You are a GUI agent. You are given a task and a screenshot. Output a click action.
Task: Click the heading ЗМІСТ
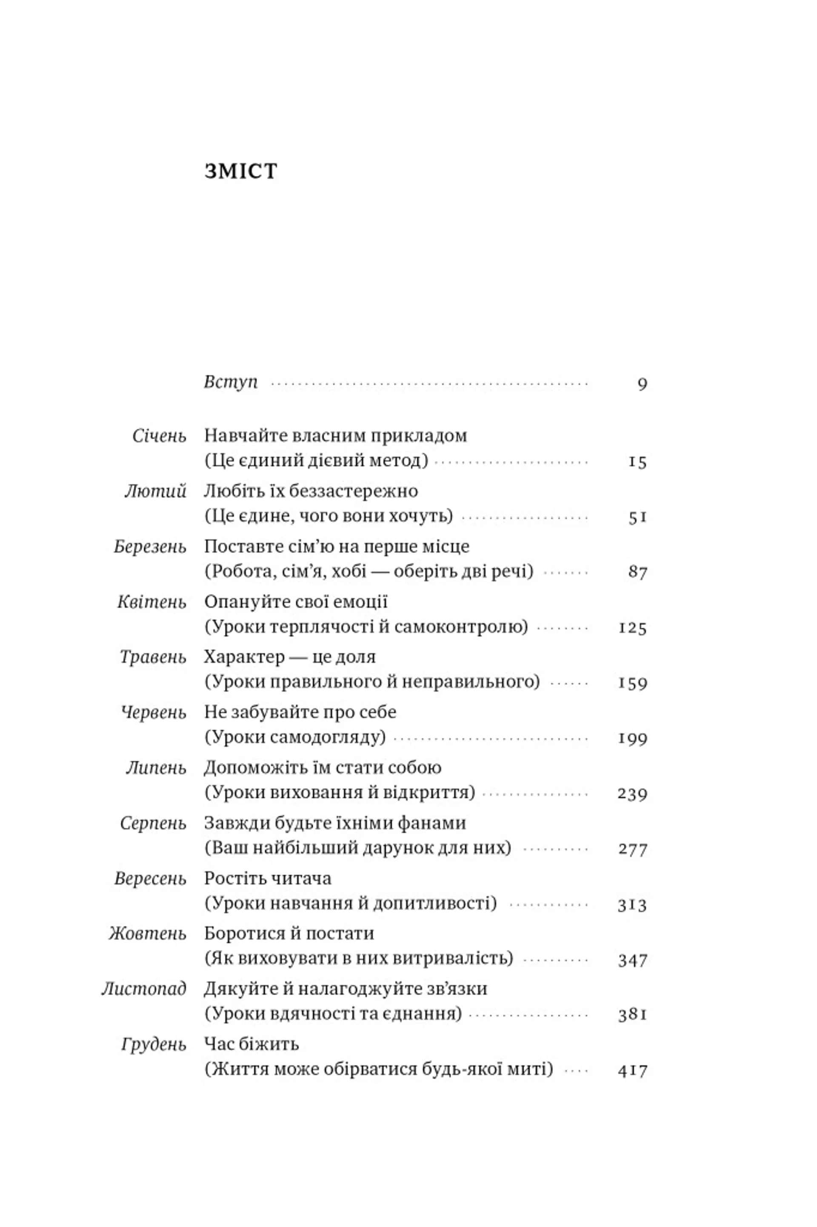(x=241, y=172)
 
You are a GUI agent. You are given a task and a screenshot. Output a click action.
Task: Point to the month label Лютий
(x=155, y=491)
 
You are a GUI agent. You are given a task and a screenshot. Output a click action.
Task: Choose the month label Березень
(x=150, y=547)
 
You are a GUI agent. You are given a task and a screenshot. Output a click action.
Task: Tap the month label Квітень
(x=151, y=602)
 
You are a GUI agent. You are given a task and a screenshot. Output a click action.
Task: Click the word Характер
(x=244, y=657)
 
